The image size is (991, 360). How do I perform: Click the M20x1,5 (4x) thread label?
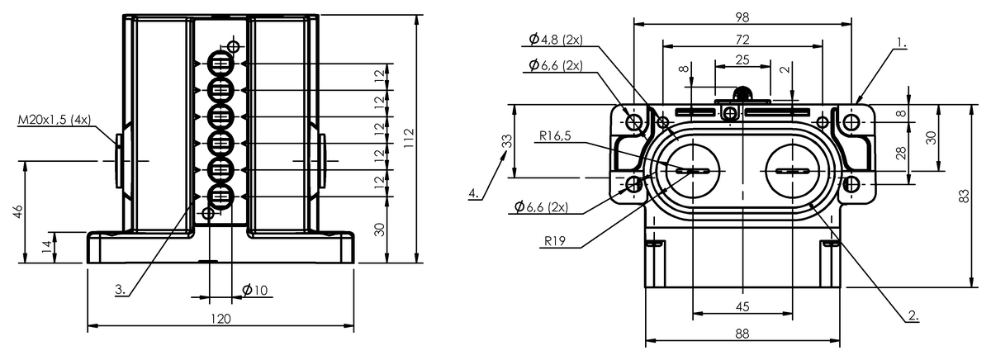pyautogui.click(x=54, y=120)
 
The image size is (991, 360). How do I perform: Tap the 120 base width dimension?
pyautogui.click(x=220, y=319)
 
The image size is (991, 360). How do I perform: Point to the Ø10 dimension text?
pyautogui.click(x=255, y=290)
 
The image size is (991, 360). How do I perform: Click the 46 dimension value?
pyautogui.click(x=18, y=211)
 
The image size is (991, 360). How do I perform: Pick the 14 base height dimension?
pyautogui.click(x=47, y=247)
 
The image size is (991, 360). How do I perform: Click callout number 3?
pyautogui.click(x=121, y=290)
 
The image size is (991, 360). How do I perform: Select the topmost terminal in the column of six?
pyautogui.click(x=220, y=64)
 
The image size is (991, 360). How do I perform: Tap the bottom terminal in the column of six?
pyautogui.click(x=220, y=197)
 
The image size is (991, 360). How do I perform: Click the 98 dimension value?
pyautogui.click(x=742, y=17)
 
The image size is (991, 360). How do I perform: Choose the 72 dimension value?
pyautogui.click(x=742, y=40)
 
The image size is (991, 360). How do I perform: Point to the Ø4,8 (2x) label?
pyautogui.click(x=556, y=40)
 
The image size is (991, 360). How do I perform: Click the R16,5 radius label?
pyautogui.click(x=555, y=135)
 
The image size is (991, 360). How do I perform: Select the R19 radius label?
pyautogui.click(x=555, y=241)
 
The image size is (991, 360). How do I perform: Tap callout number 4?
pyautogui.click(x=474, y=193)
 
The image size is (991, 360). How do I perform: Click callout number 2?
pyautogui.click(x=913, y=315)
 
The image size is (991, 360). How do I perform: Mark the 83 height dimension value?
pyautogui.click(x=963, y=196)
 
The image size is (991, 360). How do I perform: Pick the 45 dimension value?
pyautogui.click(x=742, y=306)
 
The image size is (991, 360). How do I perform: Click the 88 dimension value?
pyautogui.click(x=742, y=334)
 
